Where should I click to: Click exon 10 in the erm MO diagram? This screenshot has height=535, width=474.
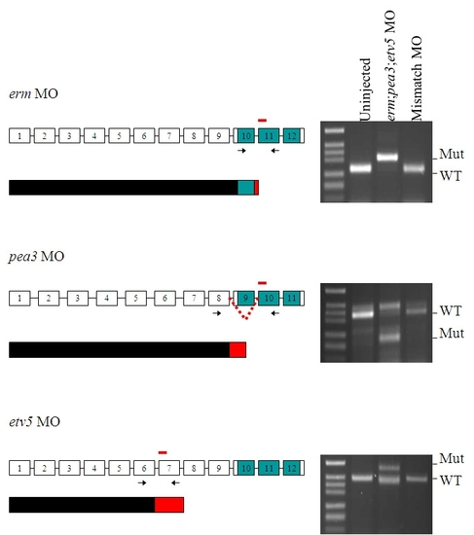click(x=246, y=136)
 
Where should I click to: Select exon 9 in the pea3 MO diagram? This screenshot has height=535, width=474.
click(x=245, y=299)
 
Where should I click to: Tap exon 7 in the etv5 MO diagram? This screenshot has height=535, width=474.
click(x=169, y=468)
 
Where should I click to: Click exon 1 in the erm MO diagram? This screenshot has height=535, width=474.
click(x=19, y=136)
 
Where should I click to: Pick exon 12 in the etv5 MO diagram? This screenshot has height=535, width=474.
click(x=292, y=468)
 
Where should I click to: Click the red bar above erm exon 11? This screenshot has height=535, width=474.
click(x=262, y=120)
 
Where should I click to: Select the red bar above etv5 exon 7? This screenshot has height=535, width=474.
click(x=163, y=452)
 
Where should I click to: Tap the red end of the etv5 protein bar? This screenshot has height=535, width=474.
click(x=169, y=505)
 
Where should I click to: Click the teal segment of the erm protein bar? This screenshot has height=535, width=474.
click(x=246, y=188)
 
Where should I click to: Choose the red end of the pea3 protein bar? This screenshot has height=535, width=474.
click(x=237, y=350)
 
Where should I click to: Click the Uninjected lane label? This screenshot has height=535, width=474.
click(x=365, y=89)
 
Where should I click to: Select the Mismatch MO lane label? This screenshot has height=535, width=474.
click(x=417, y=79)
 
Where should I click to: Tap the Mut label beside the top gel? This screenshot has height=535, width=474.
click(x=452, y=154)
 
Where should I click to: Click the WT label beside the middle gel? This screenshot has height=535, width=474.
click(x=451, y=311)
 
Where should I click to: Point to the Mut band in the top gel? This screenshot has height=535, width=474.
click(x=387, y=158)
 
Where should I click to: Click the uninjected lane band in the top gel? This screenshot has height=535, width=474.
click(x=361, y=168)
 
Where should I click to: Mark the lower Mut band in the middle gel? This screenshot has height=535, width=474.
click(x=389, y=338)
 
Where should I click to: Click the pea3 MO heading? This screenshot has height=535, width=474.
click(x=37, y=257)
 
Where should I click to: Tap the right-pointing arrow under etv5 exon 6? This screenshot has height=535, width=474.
click(x=142, y=482)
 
